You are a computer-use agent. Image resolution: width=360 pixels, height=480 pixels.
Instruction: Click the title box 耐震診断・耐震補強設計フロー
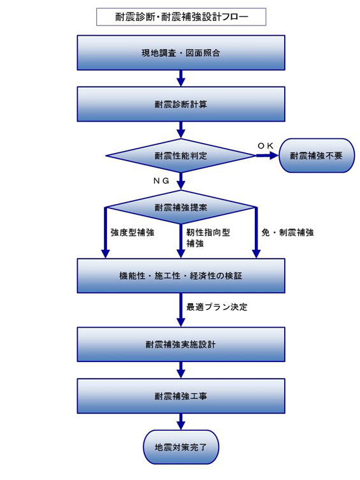(181, 17)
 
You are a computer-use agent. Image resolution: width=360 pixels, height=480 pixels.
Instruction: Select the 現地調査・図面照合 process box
(181, 53)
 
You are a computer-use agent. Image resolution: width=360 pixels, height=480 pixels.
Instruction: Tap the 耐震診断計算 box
(181, 104)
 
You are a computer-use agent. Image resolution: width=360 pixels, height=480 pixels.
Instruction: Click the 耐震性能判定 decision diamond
(181, 156)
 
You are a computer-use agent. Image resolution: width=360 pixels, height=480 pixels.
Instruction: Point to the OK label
(265, 146)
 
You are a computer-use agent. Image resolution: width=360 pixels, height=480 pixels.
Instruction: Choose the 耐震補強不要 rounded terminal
(317, 156)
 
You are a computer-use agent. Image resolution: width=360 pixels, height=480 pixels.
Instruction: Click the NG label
(161, 181)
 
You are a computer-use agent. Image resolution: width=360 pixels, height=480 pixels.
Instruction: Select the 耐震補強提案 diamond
(181, 207)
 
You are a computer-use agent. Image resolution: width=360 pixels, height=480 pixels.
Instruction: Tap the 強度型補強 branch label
(133, 232)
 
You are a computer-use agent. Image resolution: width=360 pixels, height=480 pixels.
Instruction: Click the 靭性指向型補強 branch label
(208, 238)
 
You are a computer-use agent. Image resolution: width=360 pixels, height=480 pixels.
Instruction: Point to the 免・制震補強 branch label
(287, 232)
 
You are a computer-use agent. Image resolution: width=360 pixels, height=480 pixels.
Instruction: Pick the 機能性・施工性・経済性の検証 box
(181, 276)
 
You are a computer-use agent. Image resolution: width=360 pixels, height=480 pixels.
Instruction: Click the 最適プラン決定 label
(217, 307)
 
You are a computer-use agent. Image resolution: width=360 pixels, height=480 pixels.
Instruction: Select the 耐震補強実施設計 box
(181, 344)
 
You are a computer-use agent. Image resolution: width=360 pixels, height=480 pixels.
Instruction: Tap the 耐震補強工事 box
(181, 396)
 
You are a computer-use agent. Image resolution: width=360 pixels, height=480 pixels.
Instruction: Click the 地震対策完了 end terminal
(181, 447)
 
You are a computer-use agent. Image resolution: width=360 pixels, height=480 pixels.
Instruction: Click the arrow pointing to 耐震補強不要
(268, 156)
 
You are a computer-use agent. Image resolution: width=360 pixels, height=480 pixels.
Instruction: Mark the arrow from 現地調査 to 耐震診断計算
(181, 78)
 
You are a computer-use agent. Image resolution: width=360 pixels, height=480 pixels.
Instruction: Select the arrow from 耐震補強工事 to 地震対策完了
(181, 421)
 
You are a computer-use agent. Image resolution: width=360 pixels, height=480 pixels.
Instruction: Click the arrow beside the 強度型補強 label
(106, 233)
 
